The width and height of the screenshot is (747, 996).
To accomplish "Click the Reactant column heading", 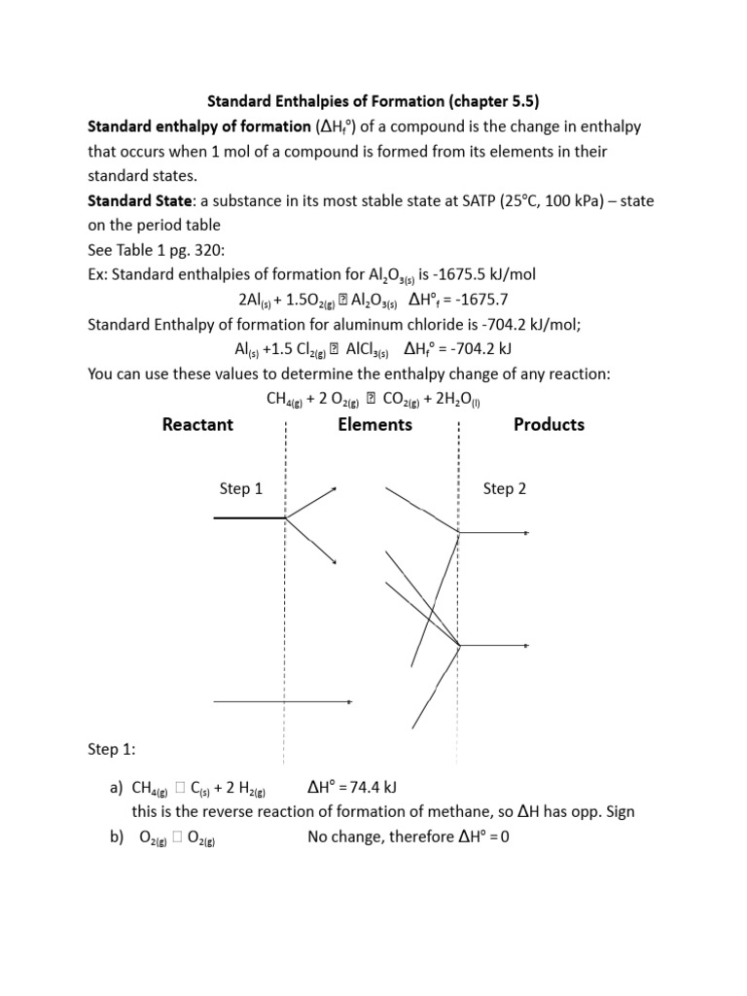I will click(197, 424).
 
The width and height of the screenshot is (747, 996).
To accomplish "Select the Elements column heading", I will click(374, 424).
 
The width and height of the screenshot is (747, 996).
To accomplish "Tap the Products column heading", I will click(549, 424).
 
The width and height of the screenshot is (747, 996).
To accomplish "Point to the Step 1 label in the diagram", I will click(241, 488).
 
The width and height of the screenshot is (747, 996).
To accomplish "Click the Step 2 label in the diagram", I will click(504, 488).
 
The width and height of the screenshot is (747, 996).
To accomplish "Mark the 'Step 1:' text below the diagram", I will click(112, 749).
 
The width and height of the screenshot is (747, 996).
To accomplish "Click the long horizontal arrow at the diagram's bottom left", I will click(282, 700).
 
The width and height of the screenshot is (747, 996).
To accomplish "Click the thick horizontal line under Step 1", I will click(249, 518).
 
